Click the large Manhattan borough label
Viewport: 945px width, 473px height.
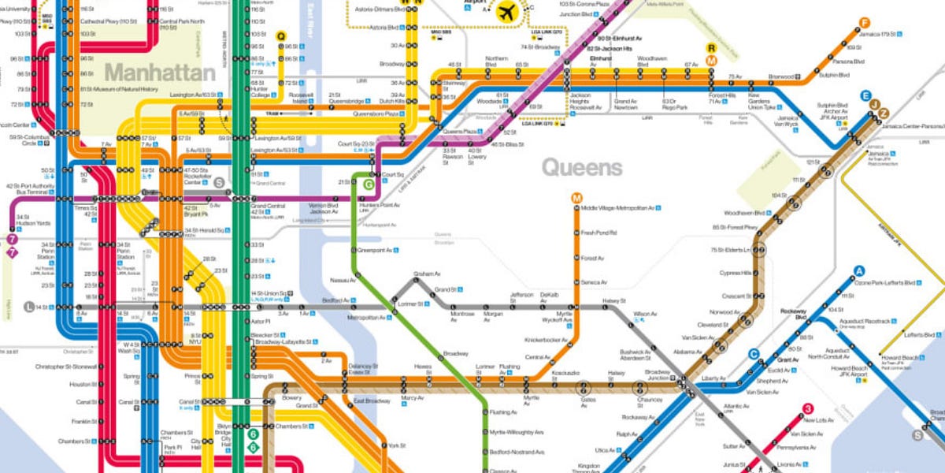coord(160,73)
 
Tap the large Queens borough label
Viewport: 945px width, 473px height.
coord(582,167)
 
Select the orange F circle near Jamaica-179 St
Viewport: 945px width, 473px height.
coord(865,23)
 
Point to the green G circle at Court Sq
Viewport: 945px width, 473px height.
coord(368,184)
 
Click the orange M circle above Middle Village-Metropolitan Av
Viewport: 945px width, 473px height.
coord(576,197)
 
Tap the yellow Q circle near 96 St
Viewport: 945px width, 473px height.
coord(281,35)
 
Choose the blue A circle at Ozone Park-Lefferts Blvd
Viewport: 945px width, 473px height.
coord(860,272)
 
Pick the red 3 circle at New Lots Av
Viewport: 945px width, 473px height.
coord(807,408)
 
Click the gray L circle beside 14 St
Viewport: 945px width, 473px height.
coord(29,307)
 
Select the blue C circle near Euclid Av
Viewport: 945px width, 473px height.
coord(754,354)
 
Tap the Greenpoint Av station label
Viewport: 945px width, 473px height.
coord(380,250)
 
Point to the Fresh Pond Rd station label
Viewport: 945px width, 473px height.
coord(598,233)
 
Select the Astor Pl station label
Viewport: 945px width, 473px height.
coord(261,322)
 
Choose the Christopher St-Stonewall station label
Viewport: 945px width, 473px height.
coord(66,367)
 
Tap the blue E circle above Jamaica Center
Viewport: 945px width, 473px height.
coord(865,95)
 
